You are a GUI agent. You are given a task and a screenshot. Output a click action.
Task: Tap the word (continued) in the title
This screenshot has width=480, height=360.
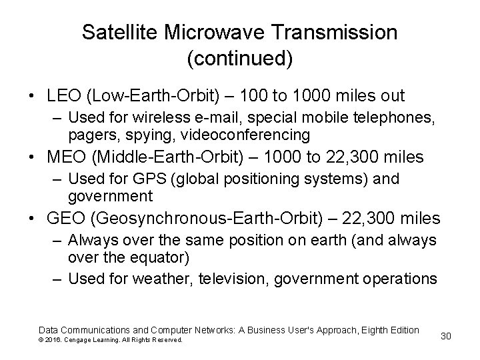click(x=240, y=58)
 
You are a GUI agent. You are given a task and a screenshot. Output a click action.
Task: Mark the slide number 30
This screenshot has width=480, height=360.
click(x=446, y=335)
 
